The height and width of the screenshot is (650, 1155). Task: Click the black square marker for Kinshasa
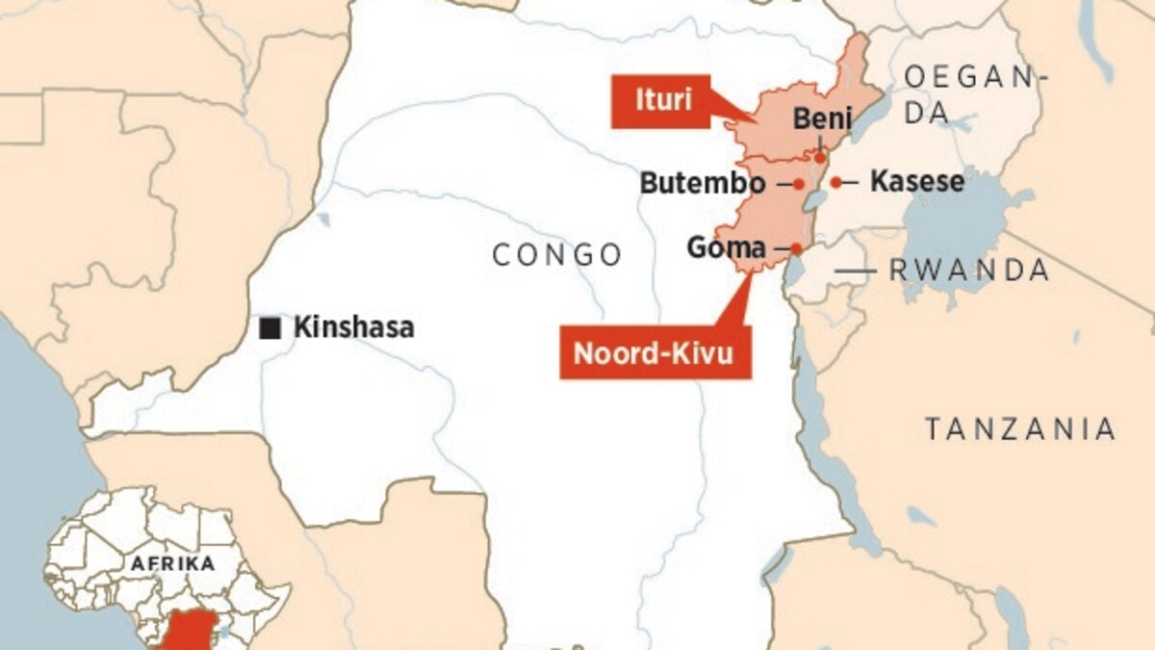tap(270, 329)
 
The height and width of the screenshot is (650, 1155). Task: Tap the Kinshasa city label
tap(353, 327)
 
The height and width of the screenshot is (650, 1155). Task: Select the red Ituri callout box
tap(664, 100)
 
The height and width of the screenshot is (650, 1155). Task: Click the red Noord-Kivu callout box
tap(654, 353)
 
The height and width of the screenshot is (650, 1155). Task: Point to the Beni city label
tap(823, 118)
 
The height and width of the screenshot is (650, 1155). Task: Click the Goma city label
tap(726, 247)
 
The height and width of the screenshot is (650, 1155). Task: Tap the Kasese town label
tap(916, 181)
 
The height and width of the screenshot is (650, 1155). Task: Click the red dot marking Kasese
tap(836, 182)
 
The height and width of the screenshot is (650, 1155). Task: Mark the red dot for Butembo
tap(799, 182)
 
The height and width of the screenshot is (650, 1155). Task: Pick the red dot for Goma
tap(796, 248)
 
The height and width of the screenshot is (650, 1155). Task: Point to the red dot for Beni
tap(819, 158)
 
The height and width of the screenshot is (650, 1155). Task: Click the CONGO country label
tap(557, 255)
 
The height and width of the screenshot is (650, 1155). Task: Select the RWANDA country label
tap(968, 271)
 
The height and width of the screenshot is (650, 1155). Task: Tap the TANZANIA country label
tap(1020, 429)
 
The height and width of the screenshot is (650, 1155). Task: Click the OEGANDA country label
tap(974, 93)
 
